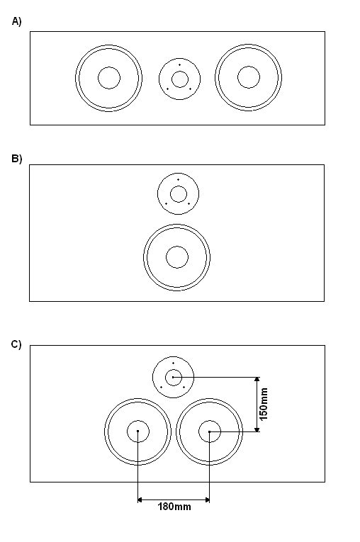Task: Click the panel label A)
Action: pyautogui.click(x=16, y=21)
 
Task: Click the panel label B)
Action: pyautogui.click(x=16, y=159)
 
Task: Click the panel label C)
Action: pyautogui.click(x=16, y=344)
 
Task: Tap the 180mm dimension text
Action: pyautogui.click(x=174, y=507)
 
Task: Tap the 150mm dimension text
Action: pyautogui.click(x=264, y=404)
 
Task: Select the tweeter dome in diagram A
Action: pyautogui.click(x=180, y=79)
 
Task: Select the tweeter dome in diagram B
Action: pyautogui.click(x=179, y=194)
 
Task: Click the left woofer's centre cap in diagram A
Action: pyautogui.click(x=109, y=78)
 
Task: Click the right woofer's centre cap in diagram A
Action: pyautogui.click(x=249, y=77)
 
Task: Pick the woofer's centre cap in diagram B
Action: pyautogui.click(x=177, y=257)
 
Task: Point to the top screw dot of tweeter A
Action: pyautogui.click(x=179, y=65)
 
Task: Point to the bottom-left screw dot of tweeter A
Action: pyautogui.click(x=168, y=89)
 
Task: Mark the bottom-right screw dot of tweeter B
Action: pyautogui.click(x=189, y=203)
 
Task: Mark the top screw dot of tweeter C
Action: pyautogui.click(x=173, y=363)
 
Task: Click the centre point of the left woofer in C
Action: pyautogui.click(x=138, y=431)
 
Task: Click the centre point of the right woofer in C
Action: pyautogui.click(x=210, y=431)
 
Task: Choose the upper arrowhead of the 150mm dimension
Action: pyautogui.click(x=257, y=380)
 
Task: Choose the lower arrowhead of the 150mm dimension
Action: pyautogui.click(x=257, y=429)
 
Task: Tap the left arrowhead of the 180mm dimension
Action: pyautogui.click(x=140, y=499)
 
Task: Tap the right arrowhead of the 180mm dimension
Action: pyautogui.click(x=207, y=499)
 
